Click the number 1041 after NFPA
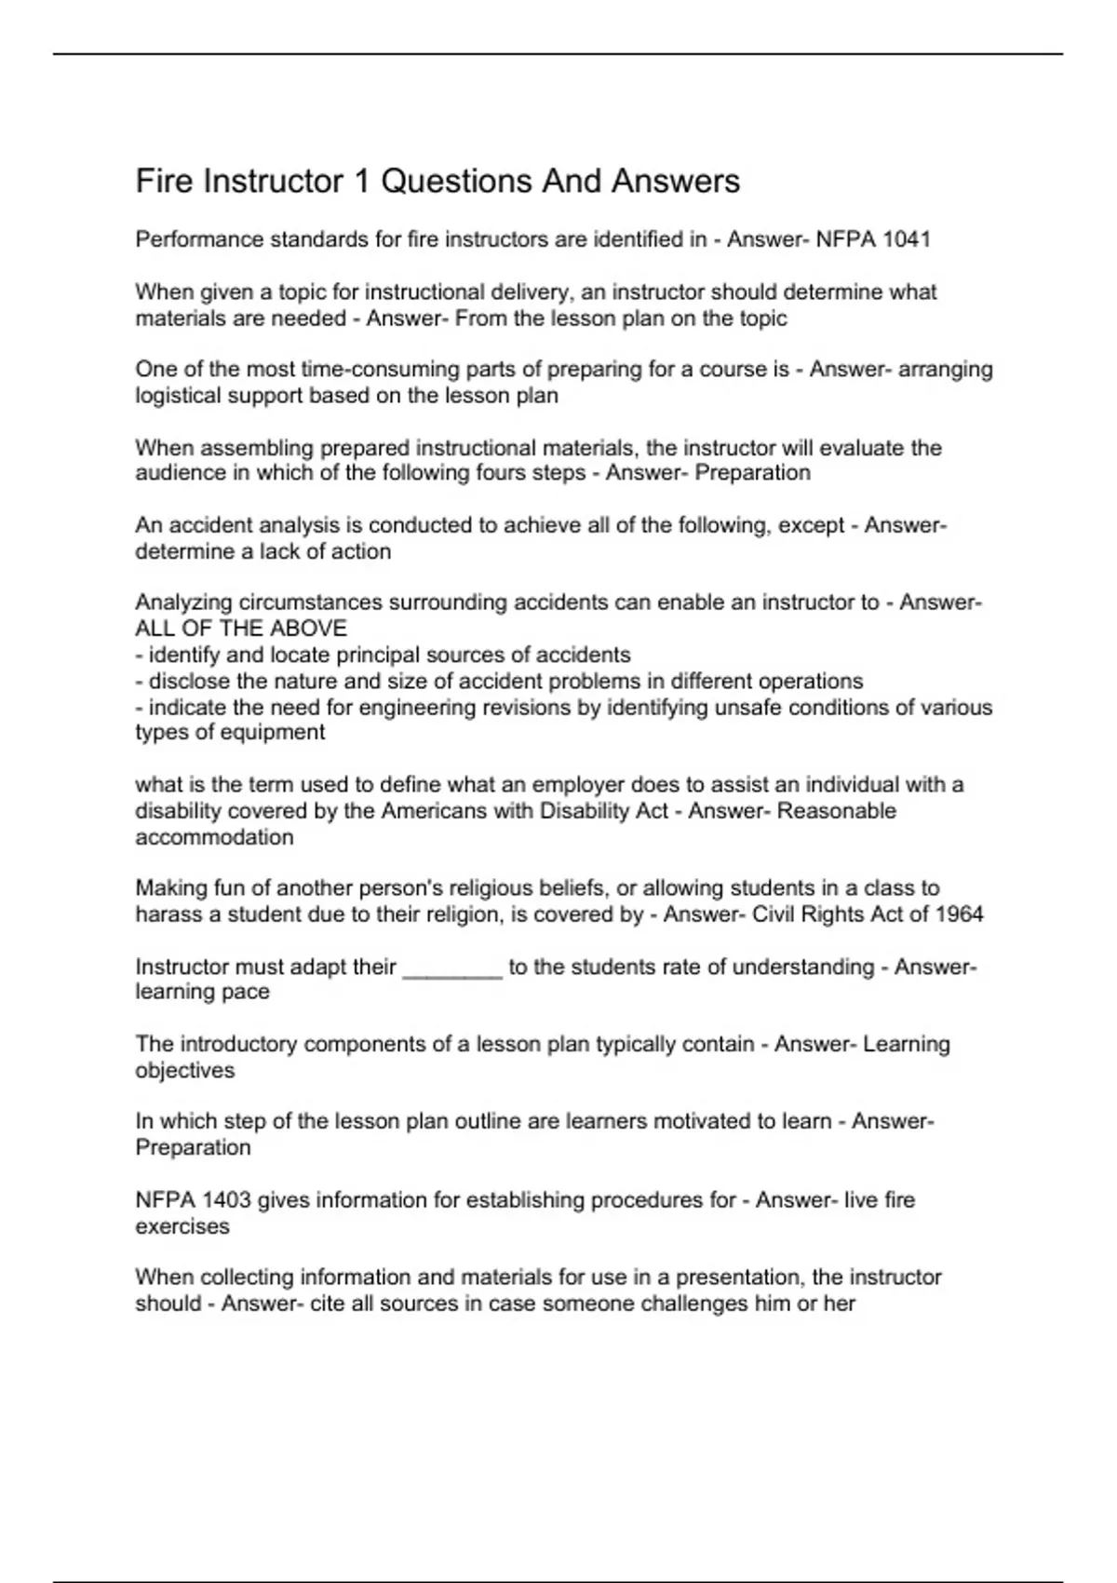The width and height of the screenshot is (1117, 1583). [906, 239]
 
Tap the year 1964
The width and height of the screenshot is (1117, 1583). [959, 913]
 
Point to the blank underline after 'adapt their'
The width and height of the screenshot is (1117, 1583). [452, 969]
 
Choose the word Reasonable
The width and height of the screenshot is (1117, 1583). [836, 810]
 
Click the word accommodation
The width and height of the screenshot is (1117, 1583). [214, 837]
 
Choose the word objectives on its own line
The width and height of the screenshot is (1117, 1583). [184, 1071]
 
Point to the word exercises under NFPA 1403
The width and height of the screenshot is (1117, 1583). [182, 1226]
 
